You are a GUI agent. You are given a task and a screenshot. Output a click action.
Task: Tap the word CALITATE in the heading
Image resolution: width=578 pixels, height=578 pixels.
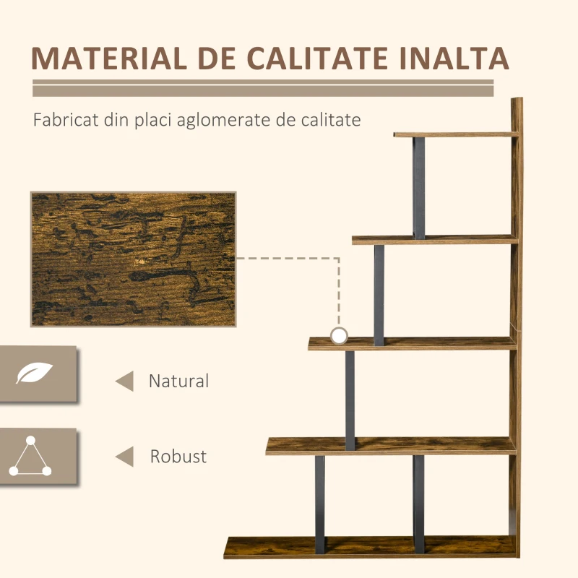317,59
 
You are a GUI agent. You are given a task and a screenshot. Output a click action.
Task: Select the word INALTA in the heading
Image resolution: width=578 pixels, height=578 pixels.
454,59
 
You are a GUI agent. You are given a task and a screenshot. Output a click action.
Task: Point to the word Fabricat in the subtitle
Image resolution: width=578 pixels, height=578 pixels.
66,120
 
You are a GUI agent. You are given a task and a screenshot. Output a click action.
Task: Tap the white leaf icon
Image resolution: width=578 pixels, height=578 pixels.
34,373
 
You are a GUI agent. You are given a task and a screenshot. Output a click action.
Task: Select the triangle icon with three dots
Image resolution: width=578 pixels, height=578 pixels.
30,456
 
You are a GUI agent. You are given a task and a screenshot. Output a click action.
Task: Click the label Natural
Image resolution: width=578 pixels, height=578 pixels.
178,381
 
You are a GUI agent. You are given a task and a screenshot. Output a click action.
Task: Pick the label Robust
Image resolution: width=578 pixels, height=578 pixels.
178,457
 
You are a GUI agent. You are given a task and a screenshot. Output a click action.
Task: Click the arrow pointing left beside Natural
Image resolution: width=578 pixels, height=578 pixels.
125,381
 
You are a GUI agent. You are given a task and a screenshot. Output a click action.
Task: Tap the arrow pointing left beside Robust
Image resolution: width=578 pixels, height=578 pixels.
125,457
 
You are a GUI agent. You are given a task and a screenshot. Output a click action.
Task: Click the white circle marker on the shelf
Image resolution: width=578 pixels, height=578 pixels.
339,336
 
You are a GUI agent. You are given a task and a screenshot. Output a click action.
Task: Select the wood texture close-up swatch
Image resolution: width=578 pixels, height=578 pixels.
133,259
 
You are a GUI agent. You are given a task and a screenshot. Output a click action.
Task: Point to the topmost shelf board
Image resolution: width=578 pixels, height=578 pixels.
456,134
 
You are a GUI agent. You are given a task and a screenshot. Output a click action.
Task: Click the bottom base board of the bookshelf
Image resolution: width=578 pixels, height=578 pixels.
370,547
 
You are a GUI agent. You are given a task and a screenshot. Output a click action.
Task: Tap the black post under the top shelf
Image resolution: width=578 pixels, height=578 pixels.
419,188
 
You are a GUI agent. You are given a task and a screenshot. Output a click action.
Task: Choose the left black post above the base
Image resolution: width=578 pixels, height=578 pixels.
320,504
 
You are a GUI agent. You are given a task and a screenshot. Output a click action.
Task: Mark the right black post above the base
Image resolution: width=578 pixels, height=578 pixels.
419,504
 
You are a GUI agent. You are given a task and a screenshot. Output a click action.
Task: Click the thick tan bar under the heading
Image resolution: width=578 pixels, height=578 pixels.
263,91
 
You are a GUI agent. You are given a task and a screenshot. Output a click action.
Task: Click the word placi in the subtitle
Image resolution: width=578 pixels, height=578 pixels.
153,121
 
